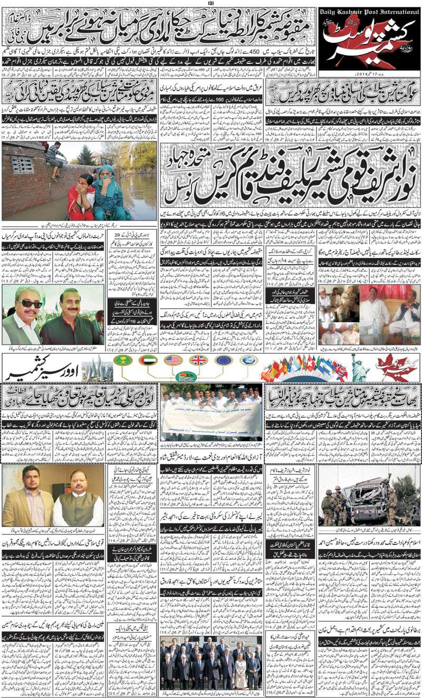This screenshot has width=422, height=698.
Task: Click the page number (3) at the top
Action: point(210,3)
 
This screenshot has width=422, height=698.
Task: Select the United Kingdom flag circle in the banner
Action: point(198,360)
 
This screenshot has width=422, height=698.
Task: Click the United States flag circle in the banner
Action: point(173,360)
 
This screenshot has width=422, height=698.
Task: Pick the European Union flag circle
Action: point(224,360)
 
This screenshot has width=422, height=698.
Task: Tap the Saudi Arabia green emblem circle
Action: point(123,360)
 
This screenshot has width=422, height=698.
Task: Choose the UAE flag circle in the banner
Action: point(148,360)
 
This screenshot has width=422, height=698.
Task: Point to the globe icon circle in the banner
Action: point(248,360)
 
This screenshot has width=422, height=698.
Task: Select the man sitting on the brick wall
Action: point(54,158)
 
